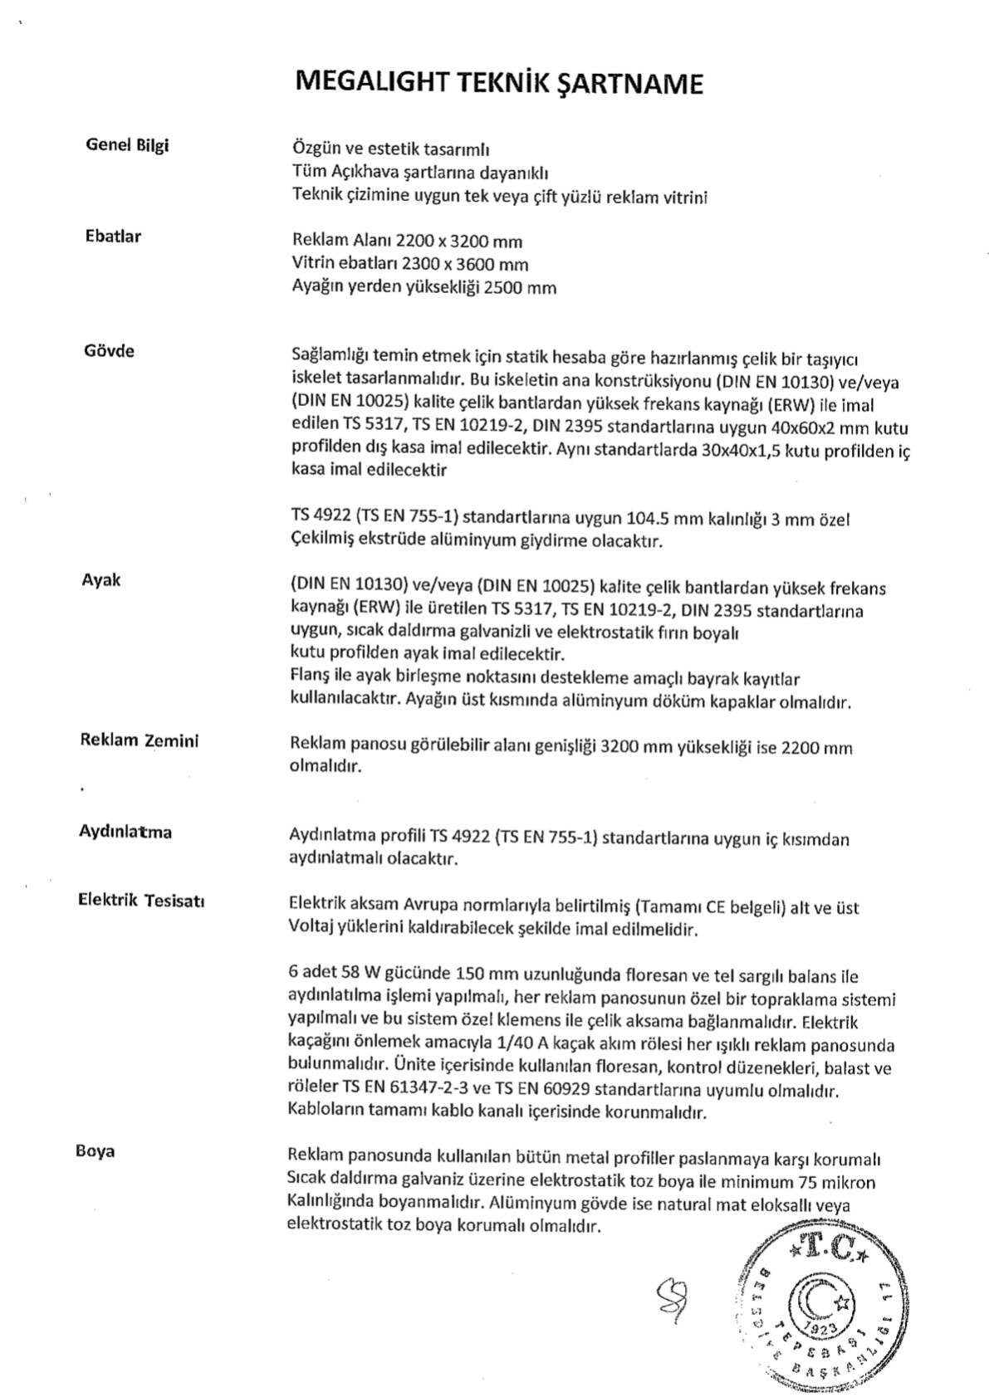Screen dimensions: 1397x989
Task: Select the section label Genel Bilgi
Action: [128, 145]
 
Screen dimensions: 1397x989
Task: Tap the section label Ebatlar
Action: [114, 237]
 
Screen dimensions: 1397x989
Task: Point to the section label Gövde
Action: [109, 350]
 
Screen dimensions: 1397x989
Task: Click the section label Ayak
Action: [100, 579]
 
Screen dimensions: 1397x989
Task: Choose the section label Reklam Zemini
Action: [140, 740]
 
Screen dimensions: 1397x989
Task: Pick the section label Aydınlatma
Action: [125, 831]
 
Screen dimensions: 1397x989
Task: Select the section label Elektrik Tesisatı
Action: [142, 901]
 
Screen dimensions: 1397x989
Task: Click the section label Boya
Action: [95, 1151]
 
